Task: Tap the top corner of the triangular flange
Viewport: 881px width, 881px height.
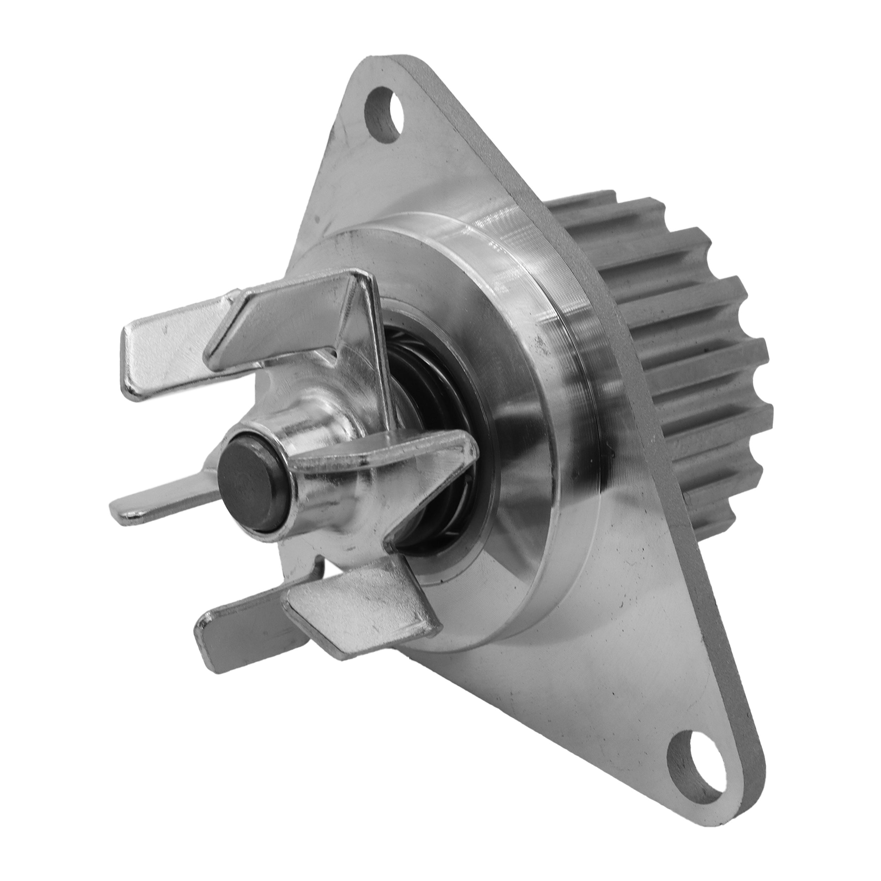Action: point(378,64)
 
